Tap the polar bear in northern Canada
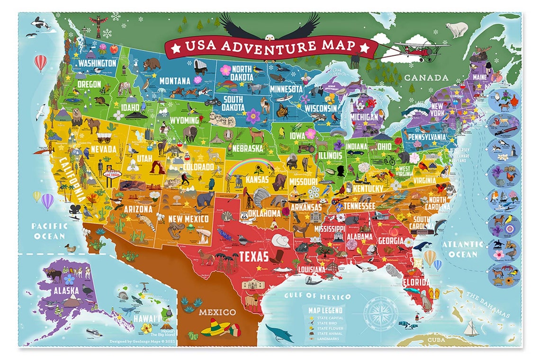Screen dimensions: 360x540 (457, 29)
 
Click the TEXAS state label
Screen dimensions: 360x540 (253, 257)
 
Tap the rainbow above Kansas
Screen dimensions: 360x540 (251, 166)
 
